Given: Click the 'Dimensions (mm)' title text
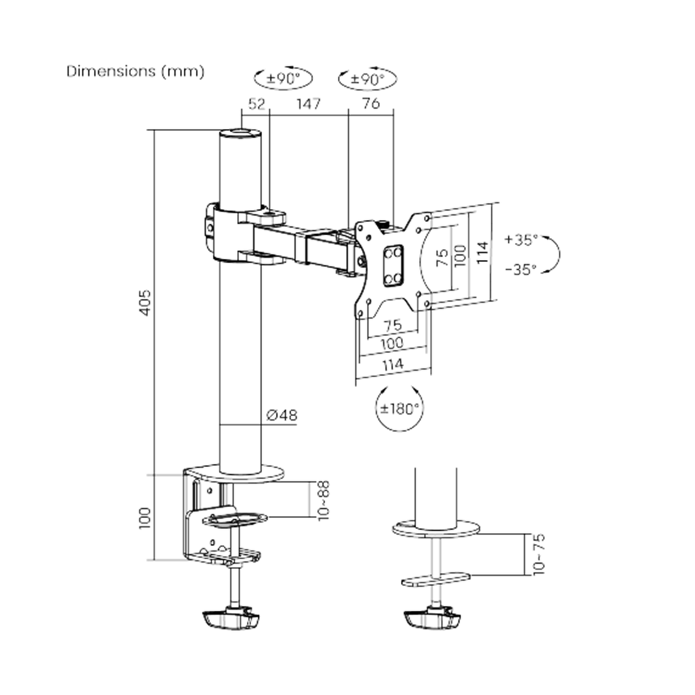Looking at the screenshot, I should [x=135, y=72].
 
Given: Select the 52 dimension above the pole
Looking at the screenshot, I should [x=256, y=104].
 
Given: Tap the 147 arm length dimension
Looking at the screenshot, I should [x=307, y=104].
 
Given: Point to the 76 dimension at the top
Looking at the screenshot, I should [x=371, y=104].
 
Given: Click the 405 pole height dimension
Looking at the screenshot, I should [x=145, y=302].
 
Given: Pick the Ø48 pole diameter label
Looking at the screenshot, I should [x=282, y=415].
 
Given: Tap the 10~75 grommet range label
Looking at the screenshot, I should [x=539, y=554].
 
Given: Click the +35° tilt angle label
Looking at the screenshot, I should [x=521, y=240].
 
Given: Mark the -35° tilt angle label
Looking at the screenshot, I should [x=521, y=269].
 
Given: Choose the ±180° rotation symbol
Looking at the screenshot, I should [x=400, y=409].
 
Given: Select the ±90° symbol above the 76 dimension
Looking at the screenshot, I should [x=367, y=79].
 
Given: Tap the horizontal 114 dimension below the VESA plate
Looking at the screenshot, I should [x=393, y=364].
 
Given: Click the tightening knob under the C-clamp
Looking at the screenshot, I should [x=230, y=619].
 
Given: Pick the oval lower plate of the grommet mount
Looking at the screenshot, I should [x=436, y=580].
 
